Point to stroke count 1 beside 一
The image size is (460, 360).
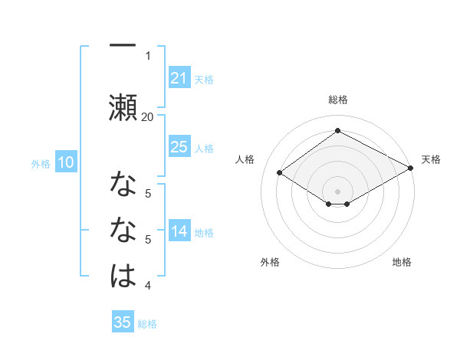[x=148, y=55]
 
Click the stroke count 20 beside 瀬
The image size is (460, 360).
[x=147, y=116]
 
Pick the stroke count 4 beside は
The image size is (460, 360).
[x=148, y=286]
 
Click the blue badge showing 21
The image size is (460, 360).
[x=179, y=78]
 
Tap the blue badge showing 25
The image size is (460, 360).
[x=179, y=147]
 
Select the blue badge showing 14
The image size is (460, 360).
[x=179, y=231]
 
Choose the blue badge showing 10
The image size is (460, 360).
[x=66, y=162]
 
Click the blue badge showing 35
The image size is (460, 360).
[x=123, y=322]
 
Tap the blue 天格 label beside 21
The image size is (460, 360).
[x=204, y=79]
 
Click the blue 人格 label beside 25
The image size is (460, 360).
[x=204, y=148]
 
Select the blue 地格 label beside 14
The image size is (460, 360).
[x=204, y=232]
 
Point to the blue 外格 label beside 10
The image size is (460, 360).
[x=41, y=163]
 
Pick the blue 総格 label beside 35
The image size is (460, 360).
[x=147, y=323]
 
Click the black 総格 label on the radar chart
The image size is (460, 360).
[x=337, y=100]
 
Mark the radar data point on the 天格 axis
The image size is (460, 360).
[x=411, y=169]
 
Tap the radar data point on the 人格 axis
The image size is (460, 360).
[x=280, y=173]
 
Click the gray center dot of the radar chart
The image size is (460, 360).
[x=337, y=190]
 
